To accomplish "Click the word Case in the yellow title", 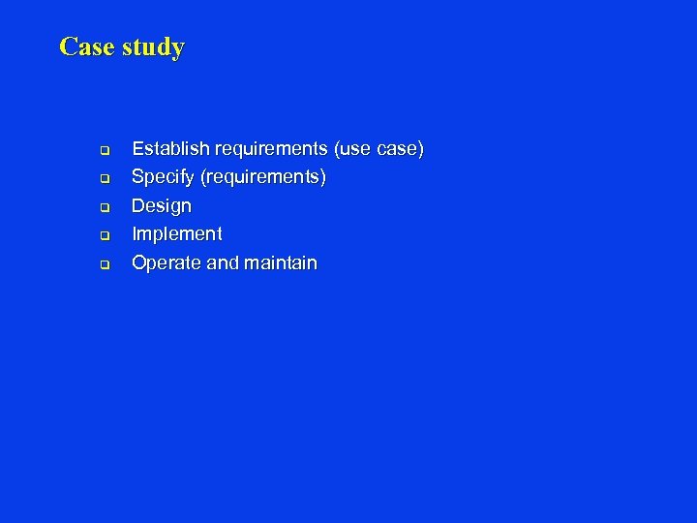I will click(x=87, y=46).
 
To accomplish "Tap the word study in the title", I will click(x=153, y=47).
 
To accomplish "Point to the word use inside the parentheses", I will click(x=354, y=149).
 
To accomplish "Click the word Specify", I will click(x=163, y=178).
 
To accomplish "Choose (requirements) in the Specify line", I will click(x=262, y=178).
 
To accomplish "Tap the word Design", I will click(x=162, y=206).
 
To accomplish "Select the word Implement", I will click(x=176, y=234).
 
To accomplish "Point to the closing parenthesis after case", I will click(x=421, y=149).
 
